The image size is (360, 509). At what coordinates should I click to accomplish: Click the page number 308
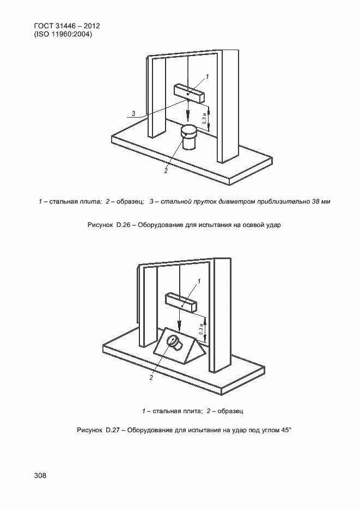click(40, 475)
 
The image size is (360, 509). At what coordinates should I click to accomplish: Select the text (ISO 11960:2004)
click(63, 34)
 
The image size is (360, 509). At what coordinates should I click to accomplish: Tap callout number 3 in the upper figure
click(133, 113)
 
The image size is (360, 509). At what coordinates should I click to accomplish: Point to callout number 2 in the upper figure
click(166, 170)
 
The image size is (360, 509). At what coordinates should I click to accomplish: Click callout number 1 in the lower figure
click(199, 281)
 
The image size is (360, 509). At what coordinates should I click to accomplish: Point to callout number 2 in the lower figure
click(151, 376)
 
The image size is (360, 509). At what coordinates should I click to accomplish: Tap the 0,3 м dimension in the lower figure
click(200, 329)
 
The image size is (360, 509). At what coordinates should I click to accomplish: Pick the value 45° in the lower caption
click(286, 430)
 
